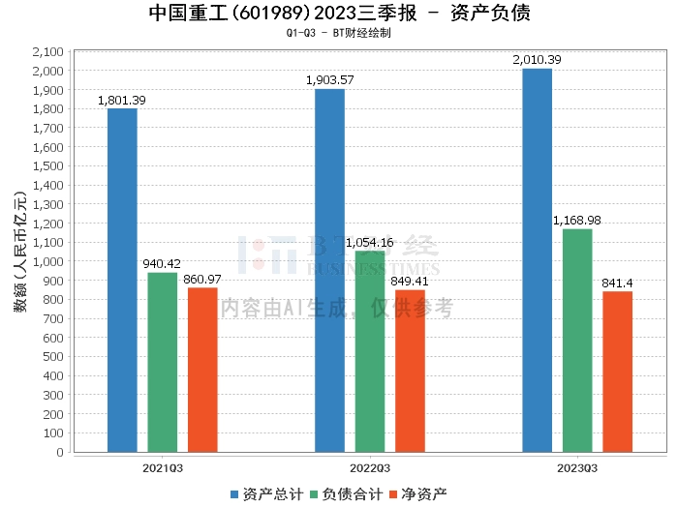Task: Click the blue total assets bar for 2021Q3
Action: coord(122,280)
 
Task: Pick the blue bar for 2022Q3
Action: coord(329,270)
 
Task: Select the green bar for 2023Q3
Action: coord(577,340)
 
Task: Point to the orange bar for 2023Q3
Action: coord(617,372)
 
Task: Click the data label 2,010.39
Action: coord(537,60)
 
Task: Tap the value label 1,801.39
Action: coord(122,100)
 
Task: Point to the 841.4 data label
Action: coord(617,283)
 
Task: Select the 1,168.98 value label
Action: coord(577,221)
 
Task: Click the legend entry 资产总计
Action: coord(266,493)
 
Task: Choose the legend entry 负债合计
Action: coord(347,493)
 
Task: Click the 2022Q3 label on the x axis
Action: coord(370,467)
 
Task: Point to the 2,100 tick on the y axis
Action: coord(47,51)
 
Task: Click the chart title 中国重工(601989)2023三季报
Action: coord(262,14)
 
